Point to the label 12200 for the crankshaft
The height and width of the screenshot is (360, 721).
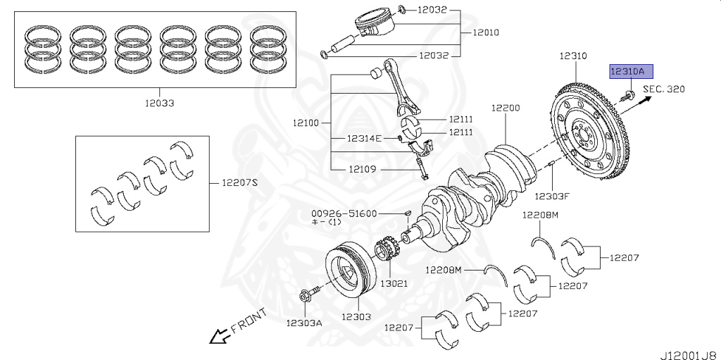[506, 108]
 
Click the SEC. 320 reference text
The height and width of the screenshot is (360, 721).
[663, 89]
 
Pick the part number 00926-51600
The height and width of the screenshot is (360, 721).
[345, 213]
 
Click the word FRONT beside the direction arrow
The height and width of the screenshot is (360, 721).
[248, 321]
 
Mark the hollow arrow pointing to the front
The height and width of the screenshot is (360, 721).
[217, 337]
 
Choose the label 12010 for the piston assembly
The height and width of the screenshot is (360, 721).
[486, 32]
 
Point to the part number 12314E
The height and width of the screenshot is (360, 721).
[363, 138]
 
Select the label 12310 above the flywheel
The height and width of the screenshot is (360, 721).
[573, 55]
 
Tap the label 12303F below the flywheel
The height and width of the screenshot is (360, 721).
[551, 196]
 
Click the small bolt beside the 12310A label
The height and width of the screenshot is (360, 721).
[629, 93]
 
